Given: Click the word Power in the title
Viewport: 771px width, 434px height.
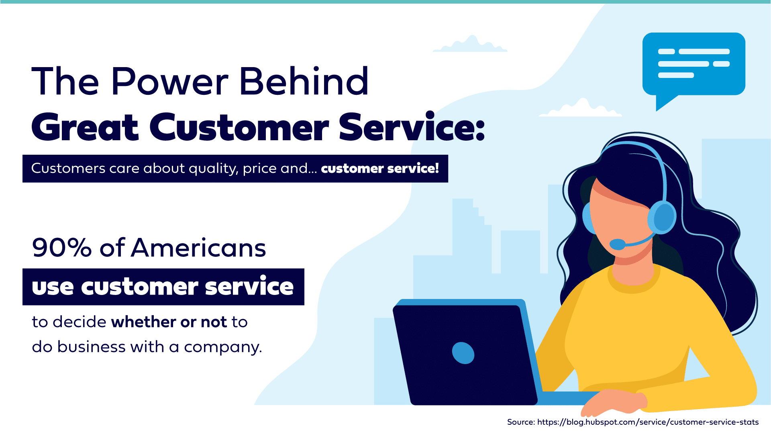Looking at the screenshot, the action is (170, 82).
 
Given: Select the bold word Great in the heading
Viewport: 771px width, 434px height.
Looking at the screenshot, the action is (85, 127).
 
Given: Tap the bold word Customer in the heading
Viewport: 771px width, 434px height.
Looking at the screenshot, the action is (239, 127).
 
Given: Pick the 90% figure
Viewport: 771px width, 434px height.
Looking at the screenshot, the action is (62, 248).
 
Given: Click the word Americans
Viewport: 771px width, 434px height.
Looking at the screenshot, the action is (198, 248).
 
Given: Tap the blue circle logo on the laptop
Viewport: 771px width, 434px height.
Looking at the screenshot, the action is (463, 353).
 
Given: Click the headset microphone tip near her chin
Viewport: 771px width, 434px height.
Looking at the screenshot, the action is (617, 244).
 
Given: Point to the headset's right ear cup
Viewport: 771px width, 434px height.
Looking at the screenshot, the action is (662, 217).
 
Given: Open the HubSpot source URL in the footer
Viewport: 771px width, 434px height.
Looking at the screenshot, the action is (648, 422).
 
